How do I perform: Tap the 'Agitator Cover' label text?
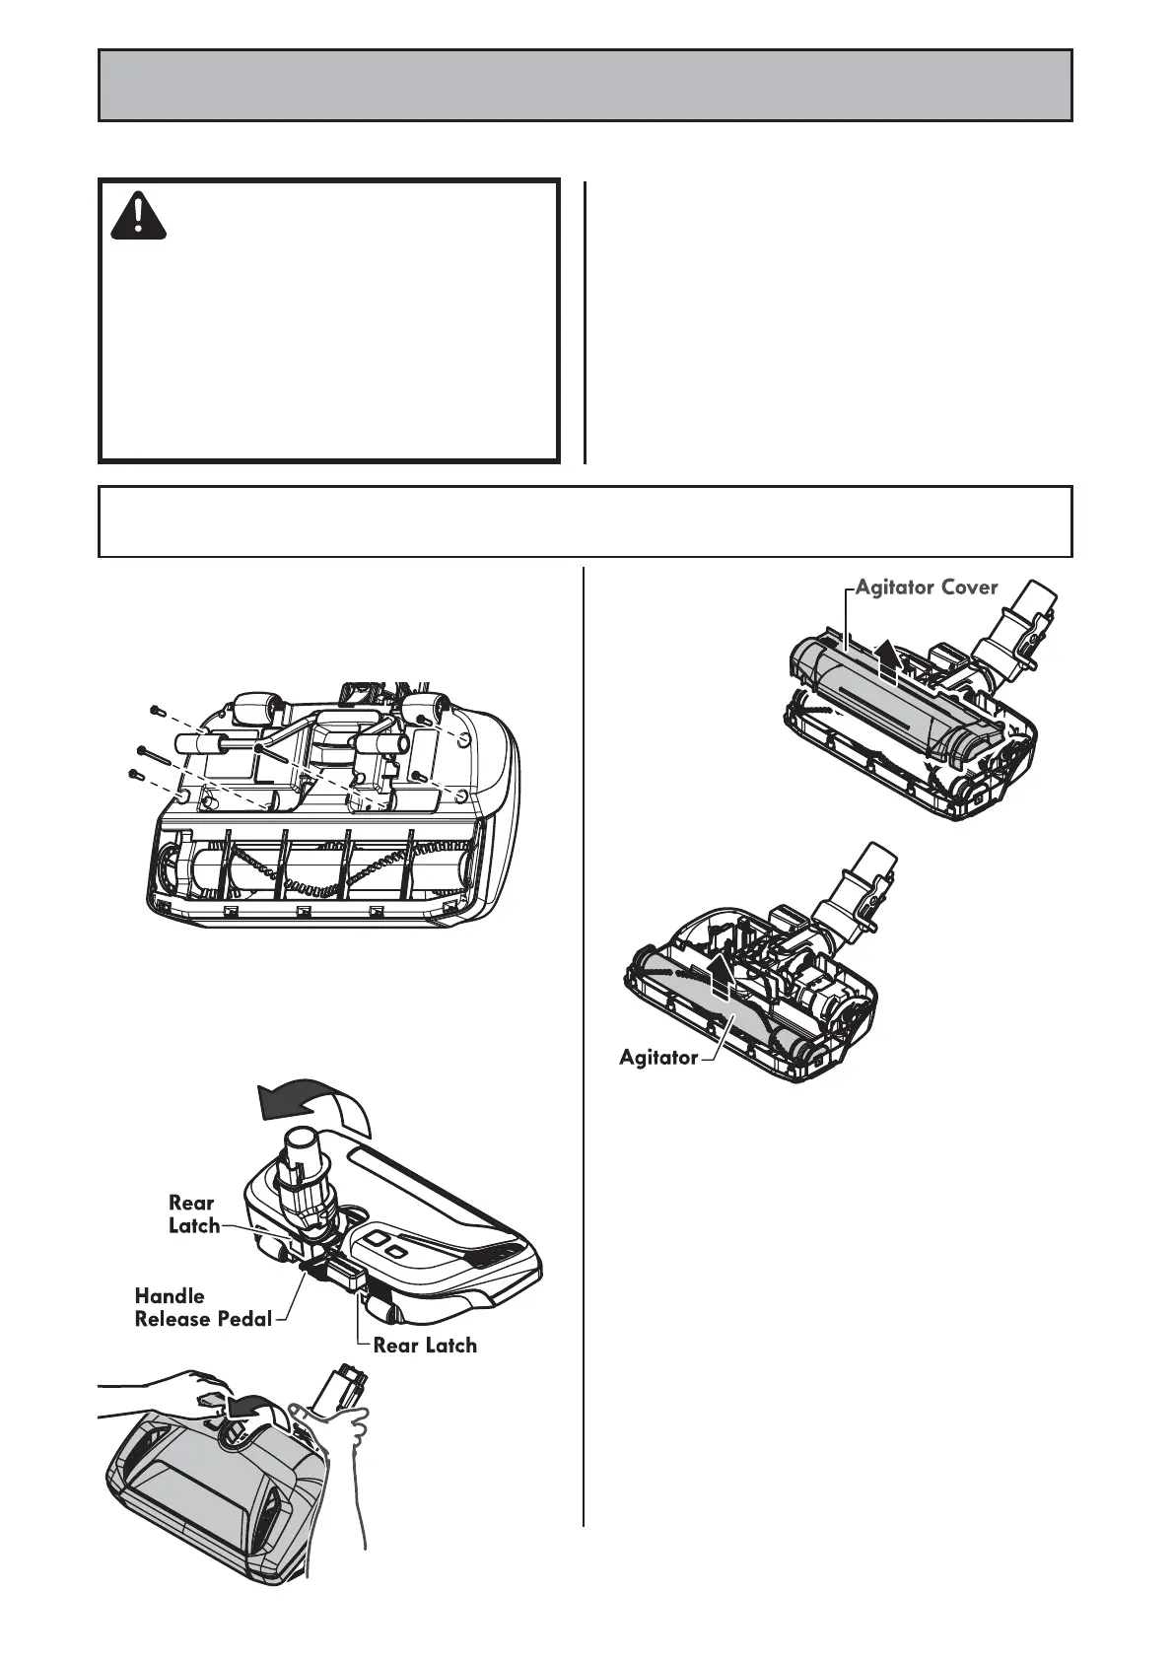[926, 588]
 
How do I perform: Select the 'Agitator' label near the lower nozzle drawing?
[657, 1057]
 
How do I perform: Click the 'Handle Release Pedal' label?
[203, 1307]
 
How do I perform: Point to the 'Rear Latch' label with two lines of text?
[193, 1213]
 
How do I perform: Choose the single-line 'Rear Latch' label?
[424, 1345]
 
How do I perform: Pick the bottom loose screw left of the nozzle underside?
[136, 775]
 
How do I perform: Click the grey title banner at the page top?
[585, 86]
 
